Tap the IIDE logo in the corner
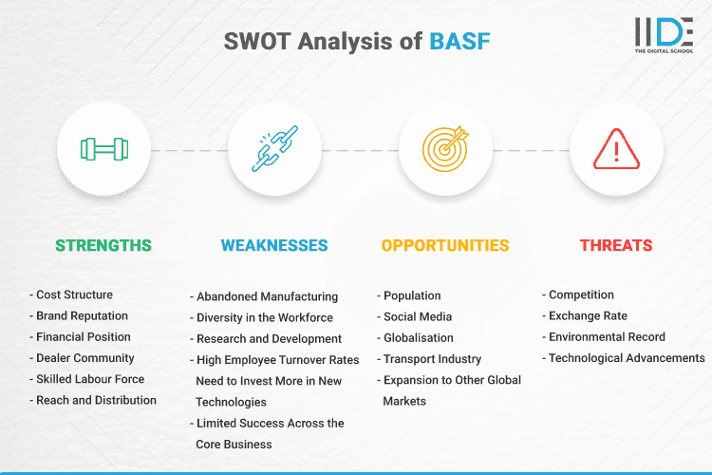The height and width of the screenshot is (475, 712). [663, 34]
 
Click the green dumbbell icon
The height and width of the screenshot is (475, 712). [103, 149]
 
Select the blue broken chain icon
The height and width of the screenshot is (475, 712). [274, 149]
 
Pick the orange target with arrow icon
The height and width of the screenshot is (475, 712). [445, 149]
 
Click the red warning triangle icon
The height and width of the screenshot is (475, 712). [616, 149]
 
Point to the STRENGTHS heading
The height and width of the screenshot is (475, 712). [103, 245]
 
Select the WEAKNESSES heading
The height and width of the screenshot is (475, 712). [274, 245]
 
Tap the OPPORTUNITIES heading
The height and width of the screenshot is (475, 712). [445, 245]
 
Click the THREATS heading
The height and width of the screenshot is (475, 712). [616, 245]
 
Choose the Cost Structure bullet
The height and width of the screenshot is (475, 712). [74, 295]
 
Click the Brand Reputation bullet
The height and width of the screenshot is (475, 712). [82, 316]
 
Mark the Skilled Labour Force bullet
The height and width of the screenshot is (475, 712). [90, 379]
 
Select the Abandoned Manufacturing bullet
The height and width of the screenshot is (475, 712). [267, 296]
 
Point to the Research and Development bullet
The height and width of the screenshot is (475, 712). [269, 338]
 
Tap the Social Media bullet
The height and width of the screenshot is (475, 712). [417, 317]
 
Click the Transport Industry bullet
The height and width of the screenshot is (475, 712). [432, 359]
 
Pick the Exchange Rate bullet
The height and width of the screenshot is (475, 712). [588, 316]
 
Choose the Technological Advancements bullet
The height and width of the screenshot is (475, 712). [627, 358]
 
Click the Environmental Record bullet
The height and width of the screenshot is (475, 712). [607, 337]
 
